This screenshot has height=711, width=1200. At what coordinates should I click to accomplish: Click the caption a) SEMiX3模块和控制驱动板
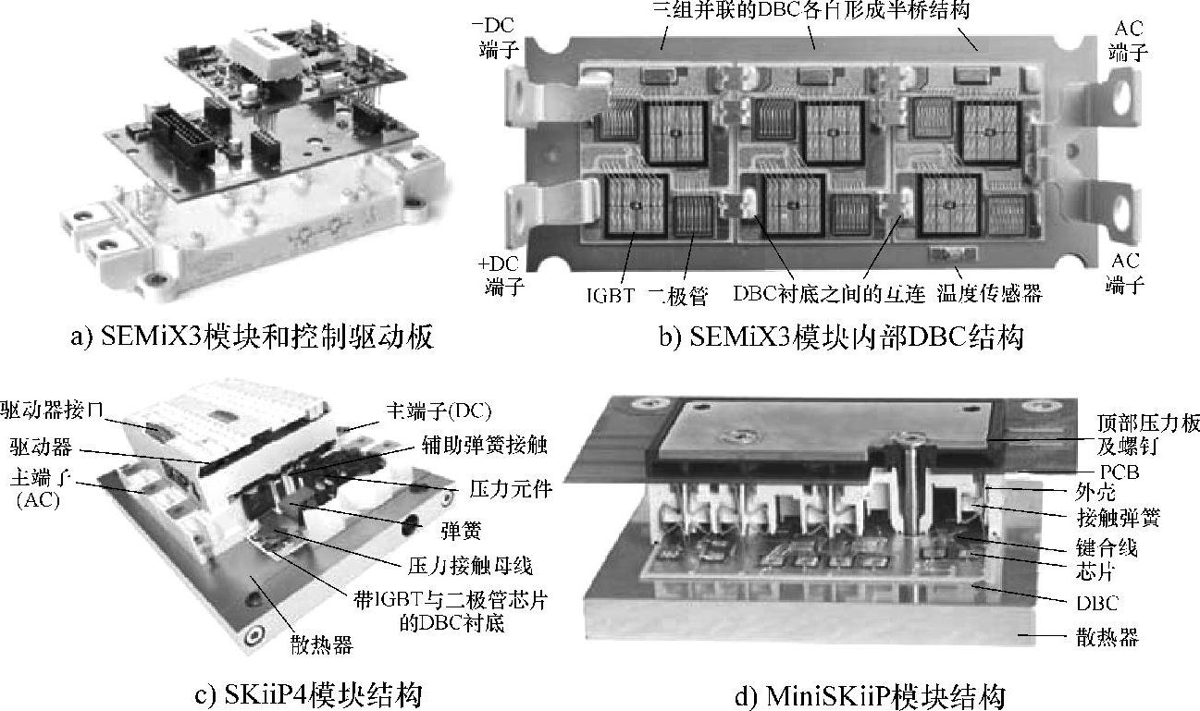(252, 337)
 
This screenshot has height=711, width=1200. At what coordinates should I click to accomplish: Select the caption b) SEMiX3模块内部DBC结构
(841, 337)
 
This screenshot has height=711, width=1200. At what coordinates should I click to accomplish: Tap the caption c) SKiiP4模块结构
(309, 694)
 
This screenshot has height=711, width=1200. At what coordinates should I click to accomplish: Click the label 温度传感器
(989, 293)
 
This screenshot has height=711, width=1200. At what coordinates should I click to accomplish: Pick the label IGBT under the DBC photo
(611, 295)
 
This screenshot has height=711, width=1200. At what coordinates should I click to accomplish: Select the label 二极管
(677, 296)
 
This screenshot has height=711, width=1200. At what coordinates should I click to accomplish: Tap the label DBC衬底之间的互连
(829, 293)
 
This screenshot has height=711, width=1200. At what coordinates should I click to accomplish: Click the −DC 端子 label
(496, 38)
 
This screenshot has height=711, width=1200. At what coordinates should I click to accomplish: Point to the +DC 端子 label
(501, 276)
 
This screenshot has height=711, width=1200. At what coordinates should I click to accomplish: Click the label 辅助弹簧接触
(484, 445)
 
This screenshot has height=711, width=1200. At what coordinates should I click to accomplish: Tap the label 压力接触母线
(470, 565)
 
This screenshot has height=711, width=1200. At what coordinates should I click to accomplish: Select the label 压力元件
(511, 489)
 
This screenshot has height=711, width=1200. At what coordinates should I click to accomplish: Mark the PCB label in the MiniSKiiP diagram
(1120, 472)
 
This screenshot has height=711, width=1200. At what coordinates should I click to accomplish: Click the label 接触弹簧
(1119, 518)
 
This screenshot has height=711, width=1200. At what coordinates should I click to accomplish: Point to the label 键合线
(1107, 547)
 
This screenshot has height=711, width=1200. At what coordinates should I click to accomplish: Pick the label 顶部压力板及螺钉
(1147, 435)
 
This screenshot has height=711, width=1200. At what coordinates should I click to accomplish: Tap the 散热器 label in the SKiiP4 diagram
(321, 644)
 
